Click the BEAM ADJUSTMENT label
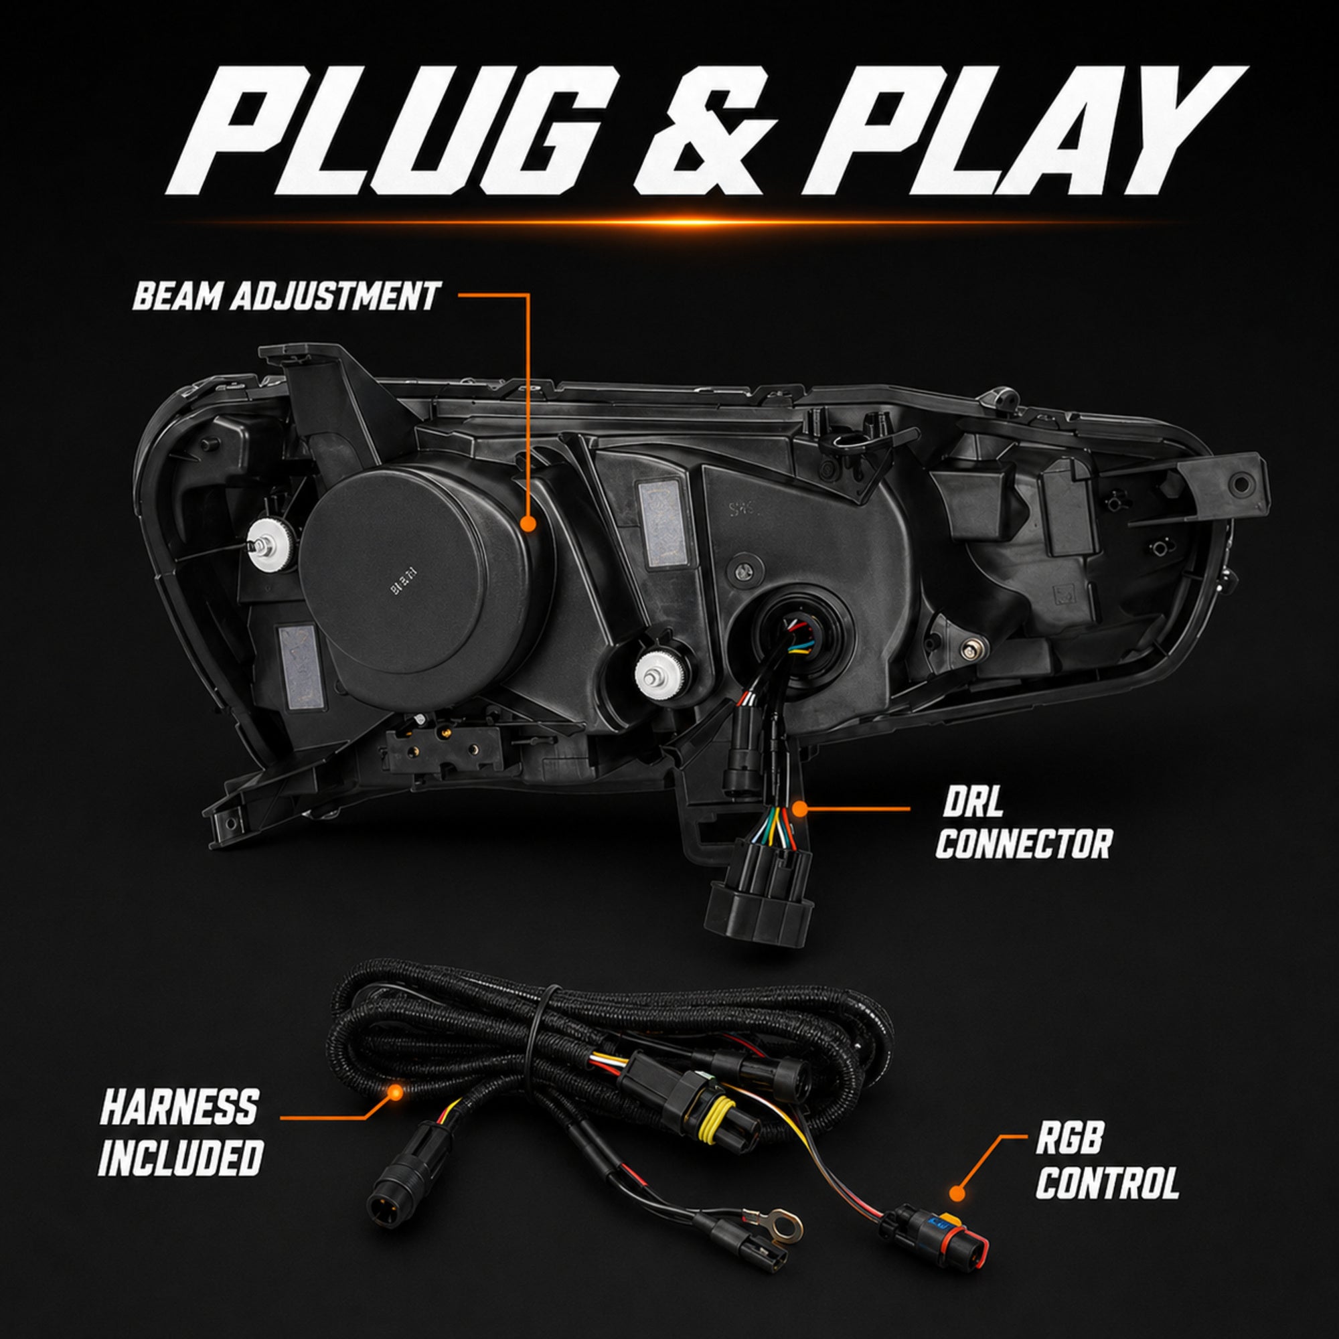286,296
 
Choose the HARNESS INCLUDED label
179,1131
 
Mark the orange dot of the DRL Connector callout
800,808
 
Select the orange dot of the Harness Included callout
395,1093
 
